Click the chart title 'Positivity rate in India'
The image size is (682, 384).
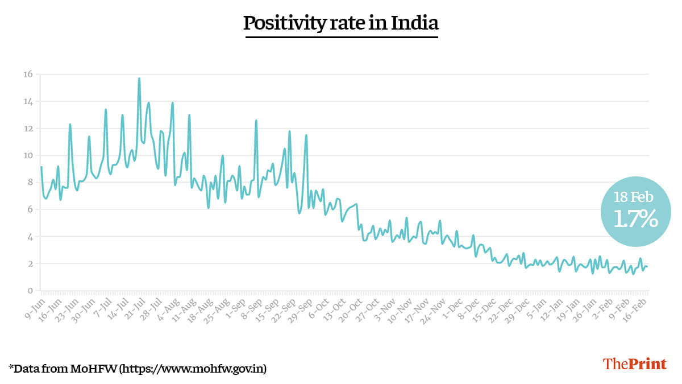341,23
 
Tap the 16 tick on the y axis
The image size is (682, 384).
28,74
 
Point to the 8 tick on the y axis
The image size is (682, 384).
30,182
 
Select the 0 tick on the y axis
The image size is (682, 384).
30,291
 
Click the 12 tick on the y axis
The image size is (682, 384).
28,128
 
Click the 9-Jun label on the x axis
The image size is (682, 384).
34,307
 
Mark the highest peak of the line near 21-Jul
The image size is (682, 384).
139,79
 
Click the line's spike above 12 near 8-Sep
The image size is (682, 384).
256,120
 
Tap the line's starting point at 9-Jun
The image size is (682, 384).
41,167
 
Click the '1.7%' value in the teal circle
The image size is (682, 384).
635,219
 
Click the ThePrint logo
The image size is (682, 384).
634,364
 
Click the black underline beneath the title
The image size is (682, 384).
341,37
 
